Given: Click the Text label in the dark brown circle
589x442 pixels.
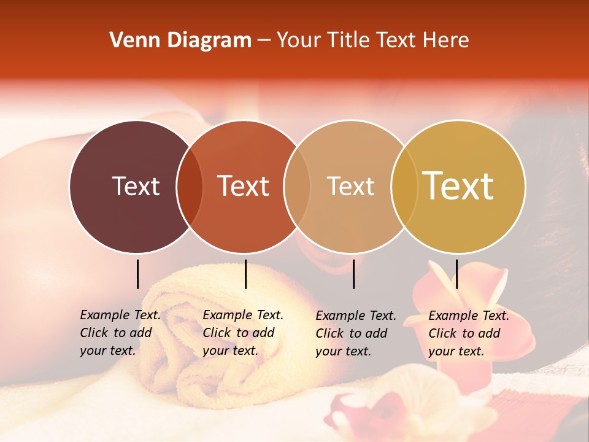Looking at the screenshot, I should click(136, 186).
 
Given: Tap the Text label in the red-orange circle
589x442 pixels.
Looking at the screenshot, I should click(243, 186).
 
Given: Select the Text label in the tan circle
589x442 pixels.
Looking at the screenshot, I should click(350, 186).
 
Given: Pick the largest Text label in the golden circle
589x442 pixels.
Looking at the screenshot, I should click(458, 186).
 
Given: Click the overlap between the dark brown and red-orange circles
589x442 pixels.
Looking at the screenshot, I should click(190, 186).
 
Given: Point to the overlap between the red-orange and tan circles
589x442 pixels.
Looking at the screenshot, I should click(297, 186).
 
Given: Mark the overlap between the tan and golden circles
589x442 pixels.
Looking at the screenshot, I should click(404, 186).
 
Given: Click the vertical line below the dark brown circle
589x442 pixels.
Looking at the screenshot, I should click(137, 274).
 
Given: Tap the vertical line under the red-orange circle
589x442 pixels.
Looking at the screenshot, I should click(245, 274).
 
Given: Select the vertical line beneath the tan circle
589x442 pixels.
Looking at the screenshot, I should click(354, 274).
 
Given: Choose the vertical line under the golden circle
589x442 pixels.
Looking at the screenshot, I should click(456, 274).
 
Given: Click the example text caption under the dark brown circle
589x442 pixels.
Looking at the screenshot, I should click(120, 333).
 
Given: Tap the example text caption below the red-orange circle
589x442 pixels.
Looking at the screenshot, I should click(242, 333).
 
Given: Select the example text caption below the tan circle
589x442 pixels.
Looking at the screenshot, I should click(355, 333).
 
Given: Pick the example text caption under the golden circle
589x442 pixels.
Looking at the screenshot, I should click(468, 333).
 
